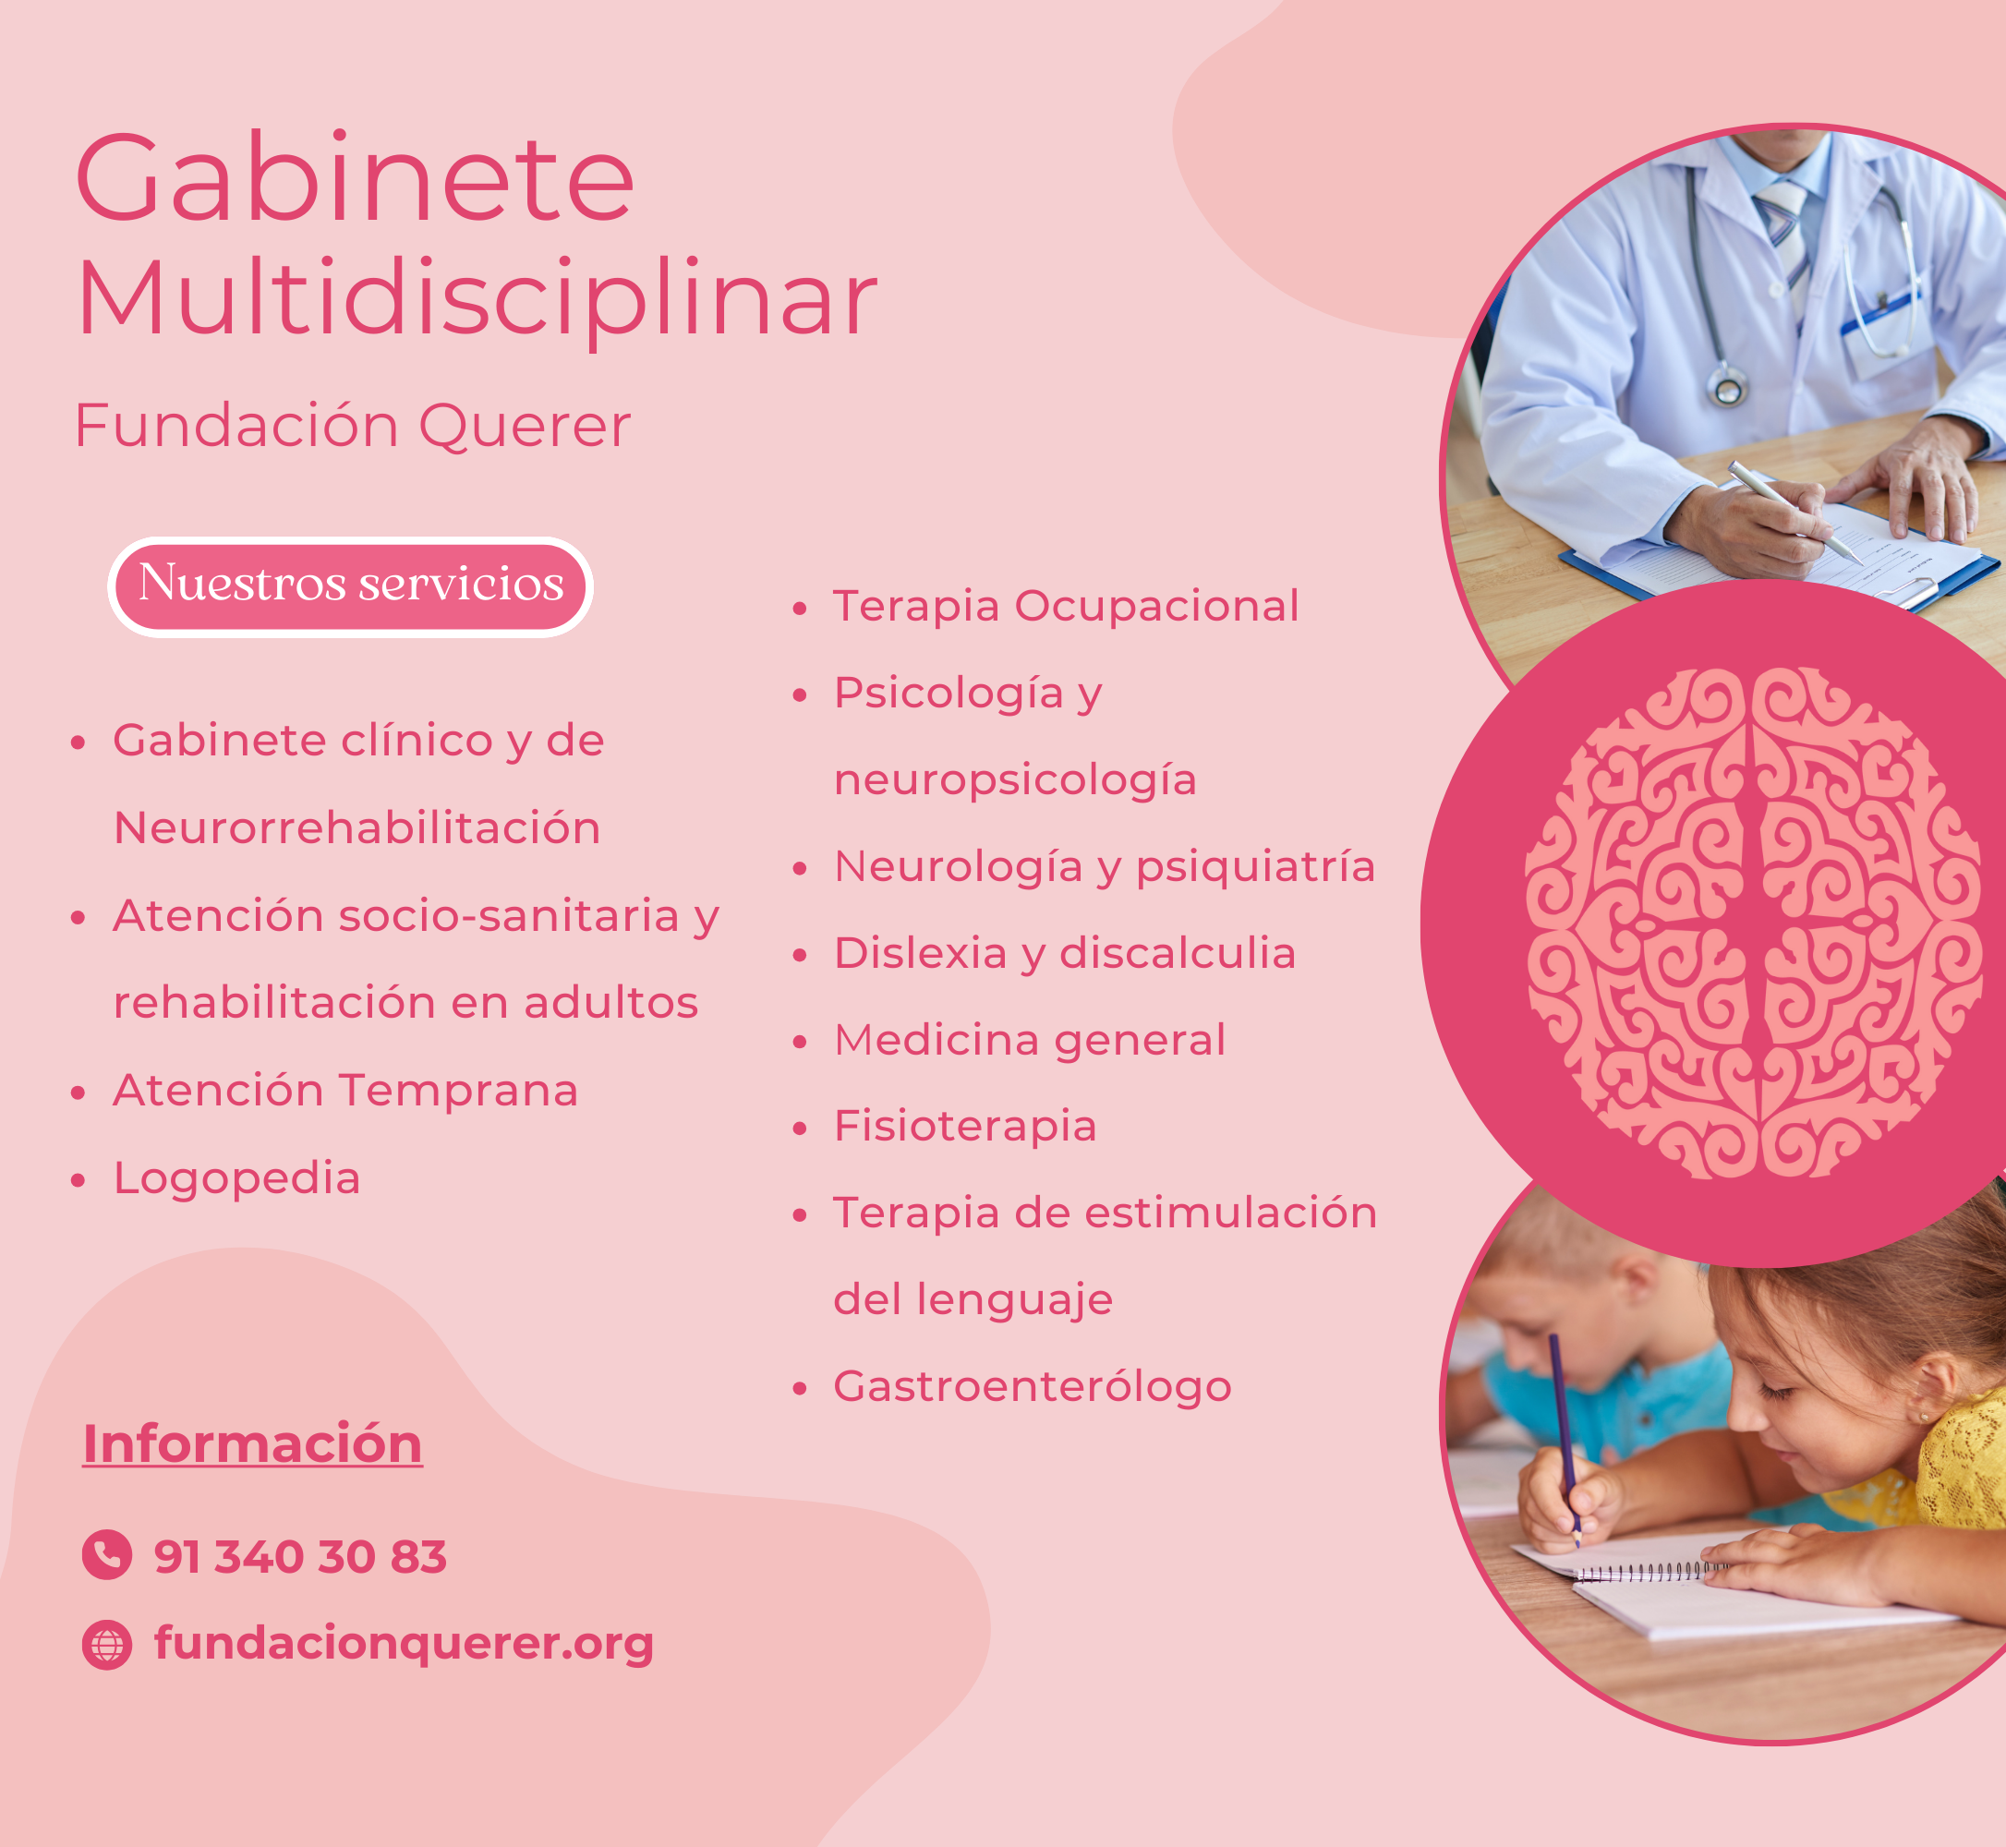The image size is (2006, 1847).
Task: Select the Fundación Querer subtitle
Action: coord(353,426)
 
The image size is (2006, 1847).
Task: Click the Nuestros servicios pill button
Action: coord(351,586)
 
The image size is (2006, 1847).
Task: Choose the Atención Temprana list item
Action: coord(345,1091)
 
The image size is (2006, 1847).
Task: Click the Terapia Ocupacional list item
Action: coord(1066,607)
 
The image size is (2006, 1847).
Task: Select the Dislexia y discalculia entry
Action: coord(1065,953)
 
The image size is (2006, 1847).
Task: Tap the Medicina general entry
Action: coord(1030,1041)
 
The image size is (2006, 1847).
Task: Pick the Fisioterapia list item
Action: coord(965,1127)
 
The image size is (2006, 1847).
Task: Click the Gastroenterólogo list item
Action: coord(1033,1387)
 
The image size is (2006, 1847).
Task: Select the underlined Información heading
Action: coord(252,1444)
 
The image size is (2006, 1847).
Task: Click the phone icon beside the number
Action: coord(107,1555)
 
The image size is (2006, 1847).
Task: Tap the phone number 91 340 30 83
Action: coord(300,1557)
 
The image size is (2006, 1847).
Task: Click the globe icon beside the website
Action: coord(107,1645)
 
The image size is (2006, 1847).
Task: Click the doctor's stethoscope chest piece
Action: coord(1727,385)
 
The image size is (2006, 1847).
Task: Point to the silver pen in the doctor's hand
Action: coord(1795,511)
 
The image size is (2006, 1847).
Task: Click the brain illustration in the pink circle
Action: coord(1753,923)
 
